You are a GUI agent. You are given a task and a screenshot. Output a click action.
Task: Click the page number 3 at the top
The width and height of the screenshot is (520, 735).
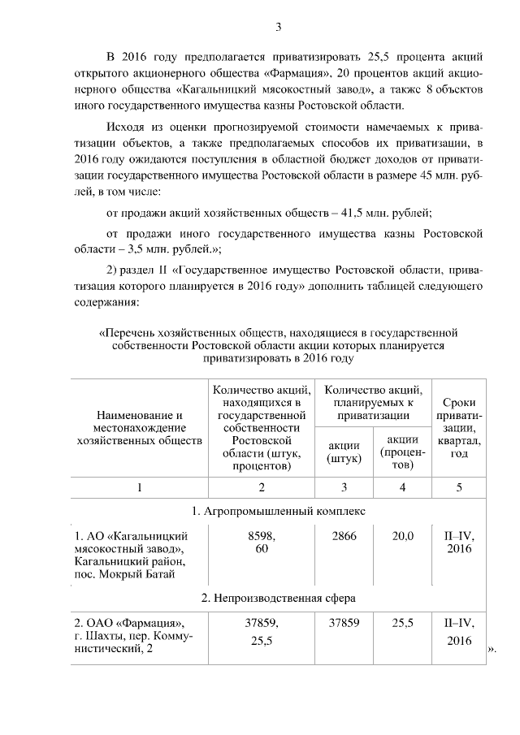coord(278,28)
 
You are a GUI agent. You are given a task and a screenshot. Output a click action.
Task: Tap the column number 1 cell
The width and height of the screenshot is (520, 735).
coord(139,487)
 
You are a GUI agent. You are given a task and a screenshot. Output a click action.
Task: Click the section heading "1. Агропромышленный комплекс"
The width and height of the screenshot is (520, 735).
coord(278,512)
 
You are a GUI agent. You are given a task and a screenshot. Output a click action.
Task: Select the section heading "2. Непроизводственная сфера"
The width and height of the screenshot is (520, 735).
coord(278,598)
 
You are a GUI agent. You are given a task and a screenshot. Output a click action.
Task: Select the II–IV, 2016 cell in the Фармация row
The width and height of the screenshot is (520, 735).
coord(459,631)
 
